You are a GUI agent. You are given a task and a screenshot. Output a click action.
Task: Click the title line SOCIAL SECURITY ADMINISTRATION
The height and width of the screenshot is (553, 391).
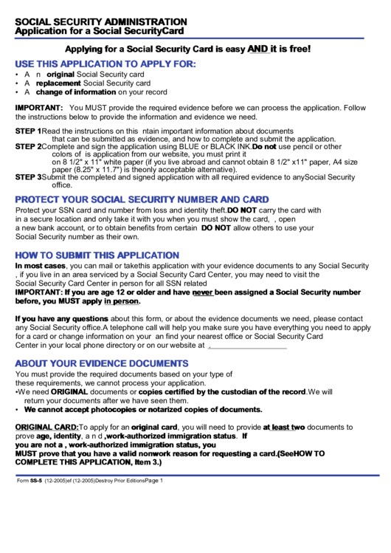[101, 21]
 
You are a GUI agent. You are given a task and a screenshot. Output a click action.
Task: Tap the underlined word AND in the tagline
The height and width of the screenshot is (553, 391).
[258, 49]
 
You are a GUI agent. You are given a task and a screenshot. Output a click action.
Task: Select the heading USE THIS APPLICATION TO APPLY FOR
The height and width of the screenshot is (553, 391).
[105, 64]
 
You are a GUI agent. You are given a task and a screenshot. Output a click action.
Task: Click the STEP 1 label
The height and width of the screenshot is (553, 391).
[28, 131]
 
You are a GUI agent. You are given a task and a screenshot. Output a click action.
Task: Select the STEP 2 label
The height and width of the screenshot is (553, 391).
[28, 147]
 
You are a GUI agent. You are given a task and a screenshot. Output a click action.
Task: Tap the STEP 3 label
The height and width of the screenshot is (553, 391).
[28, 177]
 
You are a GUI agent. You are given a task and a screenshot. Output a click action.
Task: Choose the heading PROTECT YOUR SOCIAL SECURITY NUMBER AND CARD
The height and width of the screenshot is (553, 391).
[142, 199]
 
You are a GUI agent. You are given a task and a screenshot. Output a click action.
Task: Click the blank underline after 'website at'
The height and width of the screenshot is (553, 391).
[247, 345]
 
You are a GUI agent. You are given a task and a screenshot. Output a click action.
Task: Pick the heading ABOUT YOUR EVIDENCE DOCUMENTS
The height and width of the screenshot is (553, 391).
[102, 363]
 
